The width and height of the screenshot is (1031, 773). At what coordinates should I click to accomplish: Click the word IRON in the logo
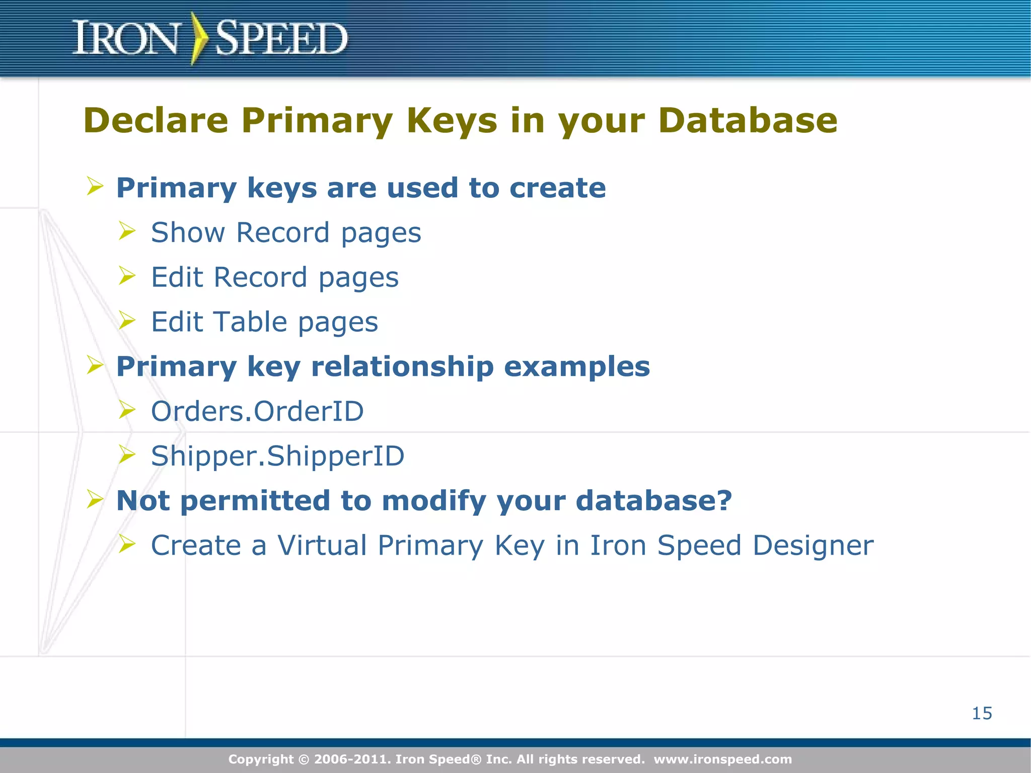pos(125,38)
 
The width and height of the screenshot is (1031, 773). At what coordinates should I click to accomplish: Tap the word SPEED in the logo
pos(281,38)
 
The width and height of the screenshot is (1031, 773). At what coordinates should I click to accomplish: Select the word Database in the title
pos(748,121)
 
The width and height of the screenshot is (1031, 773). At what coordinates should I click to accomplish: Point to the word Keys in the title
pos(452,121)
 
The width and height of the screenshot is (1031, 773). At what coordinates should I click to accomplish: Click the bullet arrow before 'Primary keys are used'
pos(95,186)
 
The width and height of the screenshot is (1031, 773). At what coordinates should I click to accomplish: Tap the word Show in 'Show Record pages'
pos(188,233)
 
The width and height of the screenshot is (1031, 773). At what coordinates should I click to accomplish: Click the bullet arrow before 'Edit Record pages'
pos(127,276)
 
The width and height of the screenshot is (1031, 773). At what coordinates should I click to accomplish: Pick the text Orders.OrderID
pos(257,411)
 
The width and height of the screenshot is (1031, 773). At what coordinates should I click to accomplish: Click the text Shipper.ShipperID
pos(277,456)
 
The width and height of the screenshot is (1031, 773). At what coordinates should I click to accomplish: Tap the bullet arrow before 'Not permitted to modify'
pos(95,499)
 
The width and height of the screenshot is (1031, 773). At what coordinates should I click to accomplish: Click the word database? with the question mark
pos(653,500)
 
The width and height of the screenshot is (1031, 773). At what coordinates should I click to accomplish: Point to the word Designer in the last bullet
pos(813,546)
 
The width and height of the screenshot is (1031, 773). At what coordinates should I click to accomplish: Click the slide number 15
pos(982,713)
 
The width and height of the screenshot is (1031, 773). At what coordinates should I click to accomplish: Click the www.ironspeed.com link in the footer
pos(723,759)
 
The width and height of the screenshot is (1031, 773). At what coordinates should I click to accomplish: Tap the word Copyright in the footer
pos(261,759)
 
